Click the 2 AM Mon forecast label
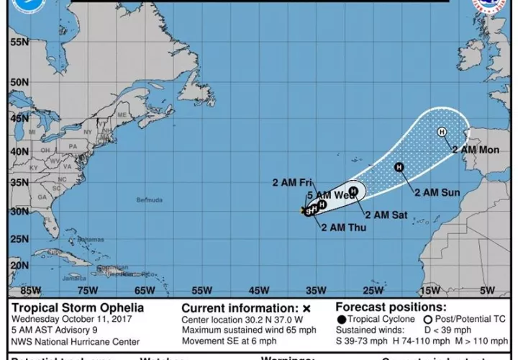[476, 150]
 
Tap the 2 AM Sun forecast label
[436, 192]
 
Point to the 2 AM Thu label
[343, 228]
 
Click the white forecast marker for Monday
[442, 132]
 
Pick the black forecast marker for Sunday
[399, 167]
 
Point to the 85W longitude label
[31, 290]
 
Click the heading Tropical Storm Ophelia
[77, 307]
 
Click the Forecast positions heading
[390, 307]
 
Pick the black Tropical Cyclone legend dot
[340, 319]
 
